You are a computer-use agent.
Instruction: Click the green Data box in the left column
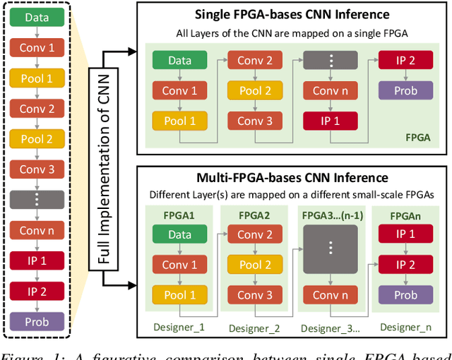coord(36,18)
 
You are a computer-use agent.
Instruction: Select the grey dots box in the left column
coord(36,199)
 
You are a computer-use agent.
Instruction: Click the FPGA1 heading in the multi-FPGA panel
coord(179,215)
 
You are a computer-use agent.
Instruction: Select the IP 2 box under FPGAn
coord(405,265)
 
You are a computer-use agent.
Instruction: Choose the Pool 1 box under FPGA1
coord(179,295)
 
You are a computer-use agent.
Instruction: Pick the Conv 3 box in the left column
coord(36,169)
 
